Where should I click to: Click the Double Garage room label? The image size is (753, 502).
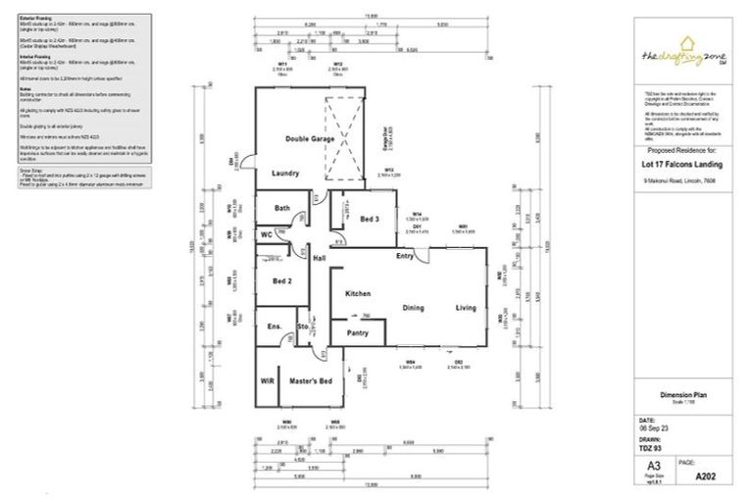click(310, 139)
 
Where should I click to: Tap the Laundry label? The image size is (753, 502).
click(285, 173)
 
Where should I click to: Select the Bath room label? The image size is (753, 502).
click(282, 208)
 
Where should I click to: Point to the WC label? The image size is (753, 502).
click(267, 235)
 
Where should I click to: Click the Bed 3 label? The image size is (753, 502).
click(369, 219)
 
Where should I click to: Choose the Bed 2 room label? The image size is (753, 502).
click(283, 280)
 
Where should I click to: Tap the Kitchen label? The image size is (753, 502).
click(356, 294)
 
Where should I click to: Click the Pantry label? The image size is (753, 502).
click(358, 333)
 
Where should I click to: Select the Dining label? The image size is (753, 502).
click(414, 308)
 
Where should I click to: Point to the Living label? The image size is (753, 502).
click(465, 308)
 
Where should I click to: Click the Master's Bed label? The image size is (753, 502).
click(311, 380)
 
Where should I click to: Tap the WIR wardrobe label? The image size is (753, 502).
click(267, 380)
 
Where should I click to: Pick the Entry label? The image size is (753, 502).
click(405, 256)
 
